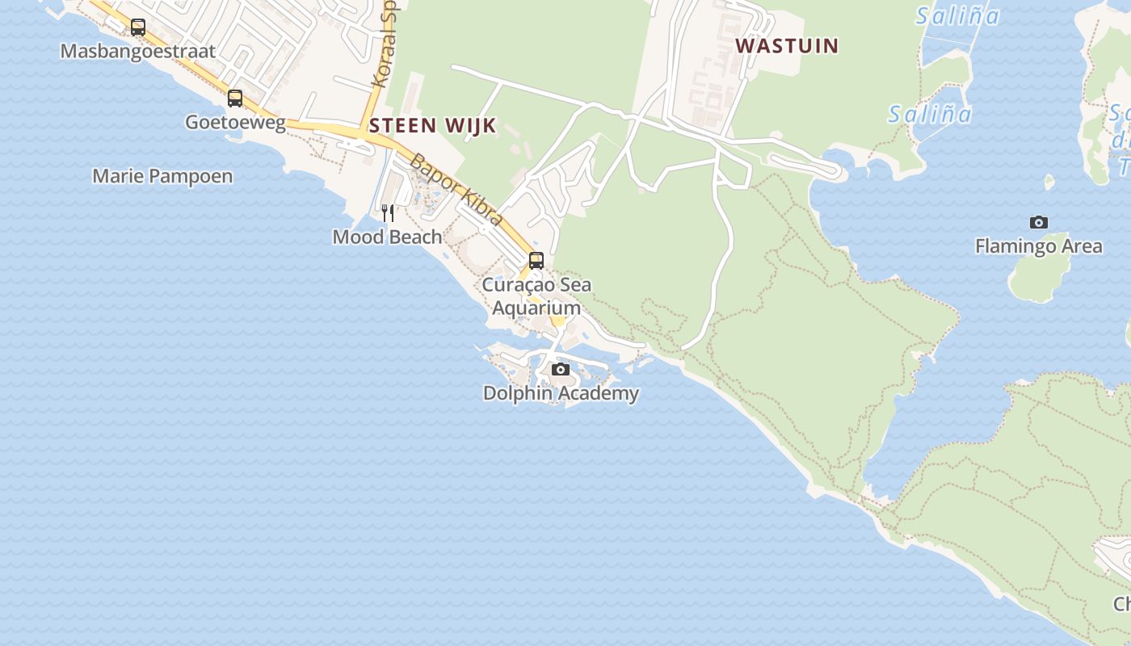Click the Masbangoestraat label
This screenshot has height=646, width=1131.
click(x=138, y=51)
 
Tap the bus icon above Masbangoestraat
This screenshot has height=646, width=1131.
click(x=138, y=27)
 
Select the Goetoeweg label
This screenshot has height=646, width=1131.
click(x=235, y=122)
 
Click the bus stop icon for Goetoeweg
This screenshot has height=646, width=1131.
click(x=235, y=99)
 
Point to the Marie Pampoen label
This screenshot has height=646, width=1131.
click(x=162, y=176)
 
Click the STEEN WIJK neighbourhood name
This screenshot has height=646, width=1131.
click(x=432, y=125)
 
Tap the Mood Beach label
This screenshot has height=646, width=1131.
click(x=388, y=237)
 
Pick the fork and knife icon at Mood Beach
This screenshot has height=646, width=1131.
click(x=388, y=213)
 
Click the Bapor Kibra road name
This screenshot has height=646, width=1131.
click(x=457, y=190)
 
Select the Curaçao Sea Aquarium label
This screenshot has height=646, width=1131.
click(x=536, y=296)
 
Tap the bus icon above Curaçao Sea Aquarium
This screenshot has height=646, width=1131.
click(x=536, y=261)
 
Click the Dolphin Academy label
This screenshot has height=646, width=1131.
click(x=561, y=393)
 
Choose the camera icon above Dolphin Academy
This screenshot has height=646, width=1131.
click(x=560, y=370)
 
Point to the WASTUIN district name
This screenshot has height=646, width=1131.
click(x=787, y=45)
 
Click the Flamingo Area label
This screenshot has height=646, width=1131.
click(x=1038, y=246)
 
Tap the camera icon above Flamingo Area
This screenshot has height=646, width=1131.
click(x=1039, y=223)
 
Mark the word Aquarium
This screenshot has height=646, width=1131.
click(x=536, y=308)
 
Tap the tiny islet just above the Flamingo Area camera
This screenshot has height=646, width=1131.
click(x=1049, y=182)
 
